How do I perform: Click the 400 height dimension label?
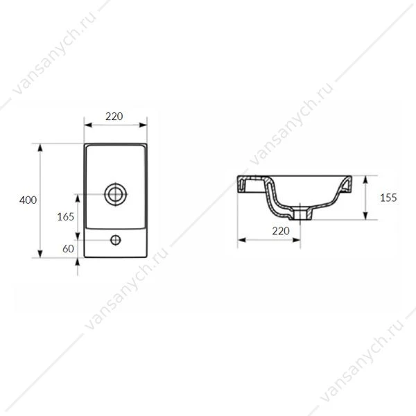click(x=28, y=200)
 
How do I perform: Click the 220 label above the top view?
click(x=114, y=116)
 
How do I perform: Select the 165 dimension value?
click(x=66, y=217)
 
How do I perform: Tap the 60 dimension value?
click(x=68, y=249)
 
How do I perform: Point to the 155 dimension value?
click(x=388, y=198)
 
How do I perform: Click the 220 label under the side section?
click(x=281, y=231)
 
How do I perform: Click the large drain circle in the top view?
click(x=115, y=194)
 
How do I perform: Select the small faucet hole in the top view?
click(x=115, y=240)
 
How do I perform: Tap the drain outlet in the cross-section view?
click(x=300, y=214)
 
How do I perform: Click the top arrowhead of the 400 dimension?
click(x=40, y=148)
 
